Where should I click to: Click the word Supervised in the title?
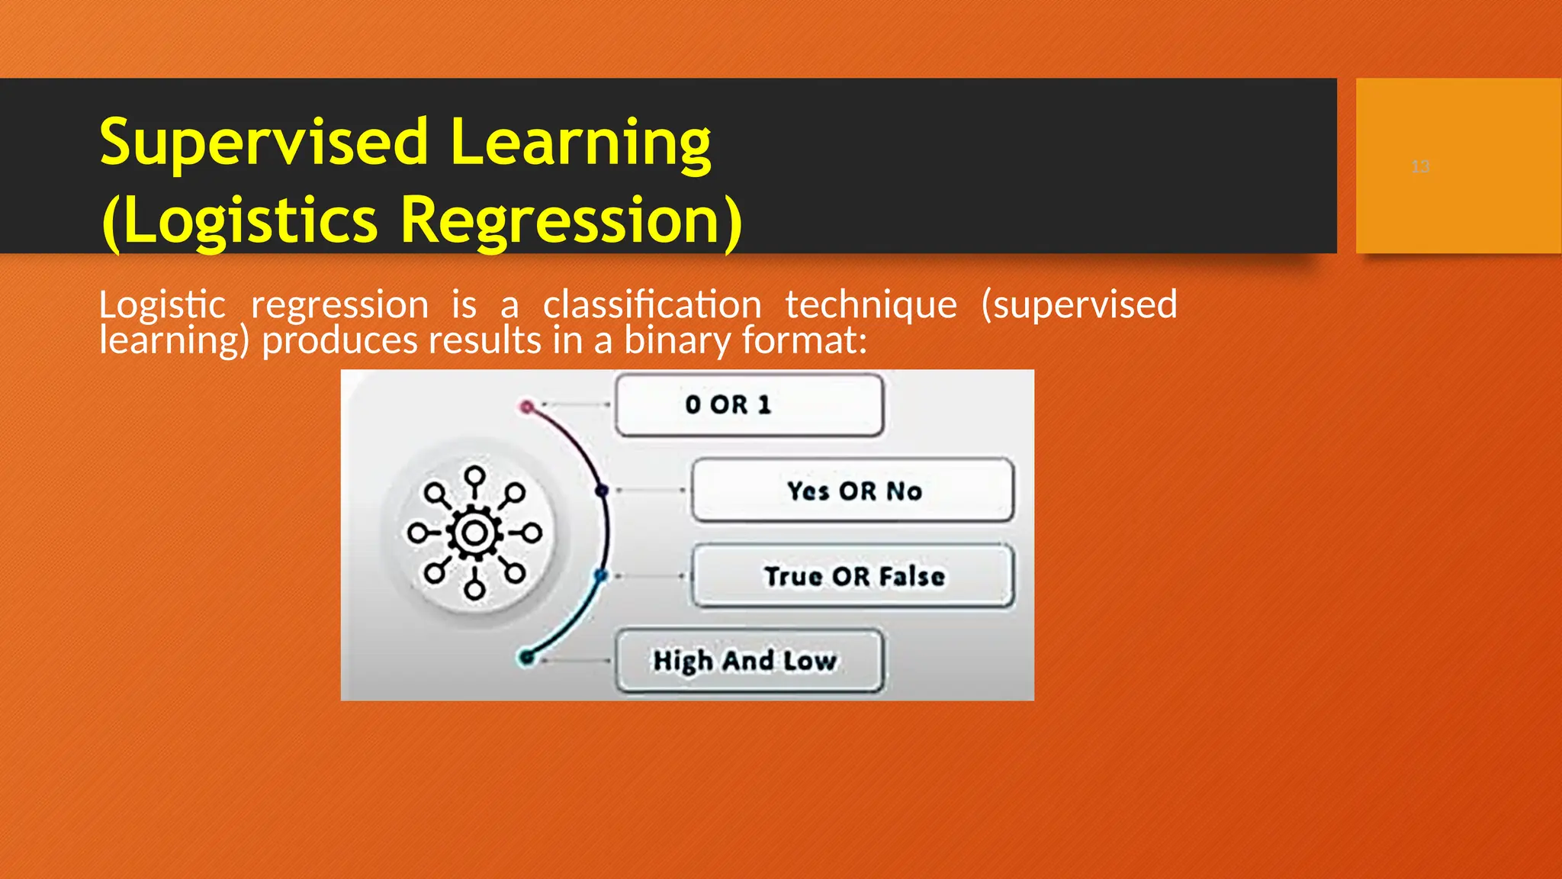[x=263, y=143]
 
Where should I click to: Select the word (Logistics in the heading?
[x=239, y=221]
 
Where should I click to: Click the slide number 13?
[x=1420, y=166]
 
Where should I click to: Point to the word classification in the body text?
[x=651, y=304]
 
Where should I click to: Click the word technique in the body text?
[x=871, y=304]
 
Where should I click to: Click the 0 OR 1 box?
[x=749, y=404]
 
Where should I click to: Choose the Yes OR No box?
[x=853, y=491]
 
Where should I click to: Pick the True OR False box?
[x=853, y=576]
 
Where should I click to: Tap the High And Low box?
[x=749, y=661]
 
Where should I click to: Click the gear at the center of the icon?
[x=474, y=533]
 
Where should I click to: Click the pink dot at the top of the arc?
[x=526, y=407]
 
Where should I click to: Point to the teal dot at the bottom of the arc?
[x=526, y=657]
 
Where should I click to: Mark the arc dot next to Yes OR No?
[x=602, y=491]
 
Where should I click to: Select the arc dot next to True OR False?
[x=601, y=576]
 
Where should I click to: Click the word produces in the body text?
[x=339, y=340]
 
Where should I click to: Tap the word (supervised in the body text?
[x=1078, y=304]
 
